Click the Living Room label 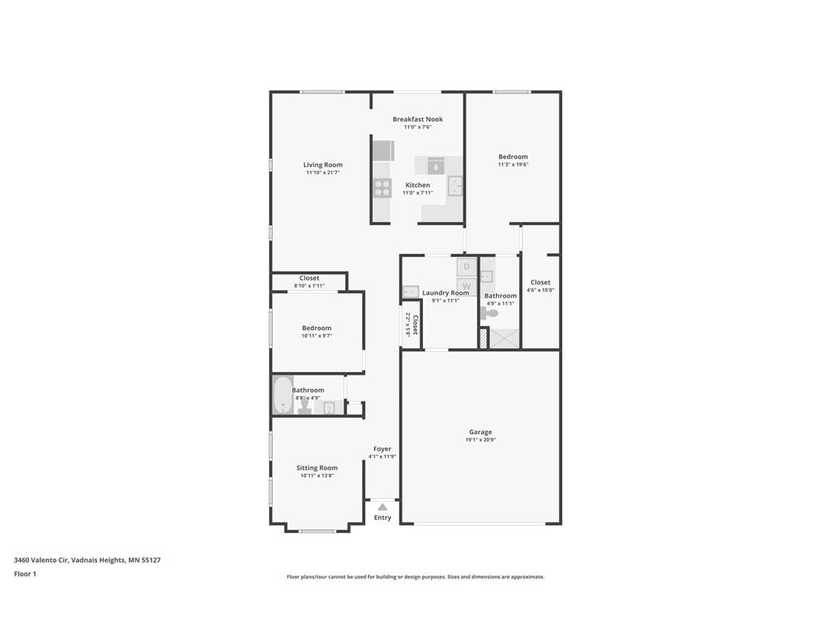[323, 165]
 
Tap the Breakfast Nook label [418, 119]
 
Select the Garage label [480, 432]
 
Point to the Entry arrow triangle [382, 507]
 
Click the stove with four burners [382, 188]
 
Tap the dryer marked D [467, 266]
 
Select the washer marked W [467, 286]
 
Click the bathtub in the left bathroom [282, 395]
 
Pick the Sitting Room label [317, 468]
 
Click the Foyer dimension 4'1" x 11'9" [382, 457]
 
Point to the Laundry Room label [446, 292]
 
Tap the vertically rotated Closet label [415, 324]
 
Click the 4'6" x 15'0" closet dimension [540, 290]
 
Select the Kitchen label [418, 185]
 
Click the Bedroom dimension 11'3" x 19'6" [513, 164]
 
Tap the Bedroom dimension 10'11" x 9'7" [317, 335]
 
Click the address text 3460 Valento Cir [41, 560]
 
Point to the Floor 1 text [25, 574]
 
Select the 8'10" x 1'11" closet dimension [309, 286]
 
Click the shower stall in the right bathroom [505, 338]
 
